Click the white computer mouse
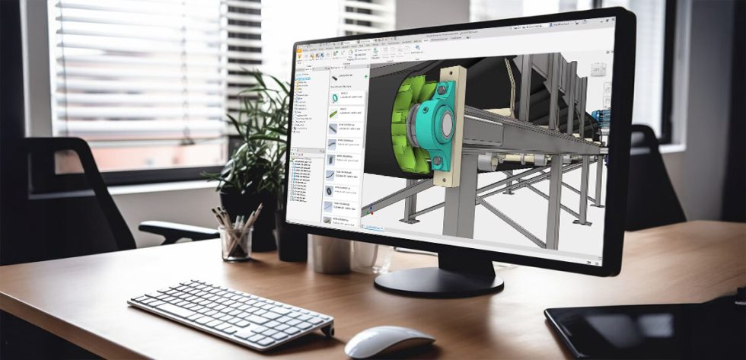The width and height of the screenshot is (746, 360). (389, 341)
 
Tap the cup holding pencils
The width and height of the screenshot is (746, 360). (235, 243)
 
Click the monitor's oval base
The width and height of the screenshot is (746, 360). (438, 281)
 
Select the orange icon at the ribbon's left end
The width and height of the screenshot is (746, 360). (299, 56)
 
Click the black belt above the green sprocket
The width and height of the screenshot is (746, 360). (426, 72)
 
